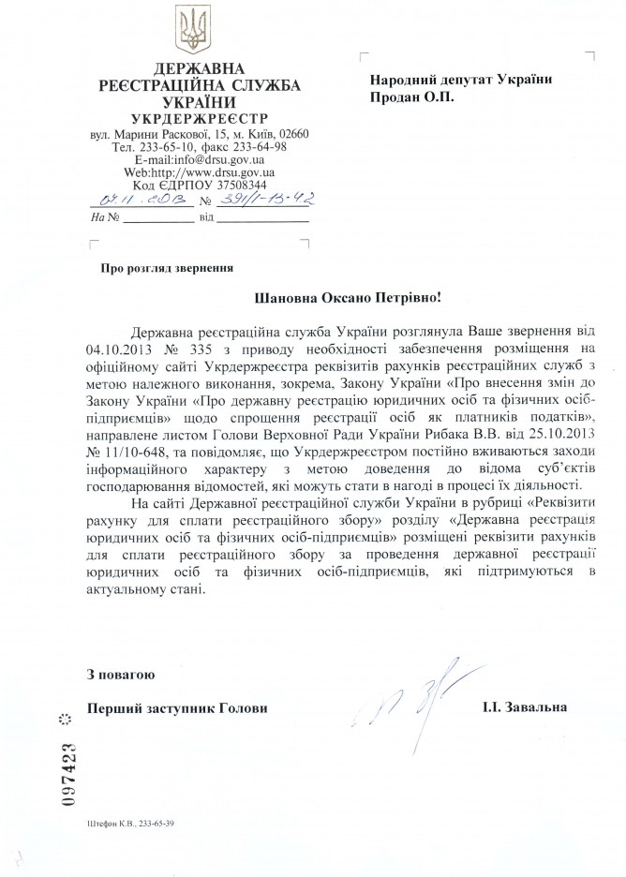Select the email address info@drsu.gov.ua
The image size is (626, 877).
coord(222,160)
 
